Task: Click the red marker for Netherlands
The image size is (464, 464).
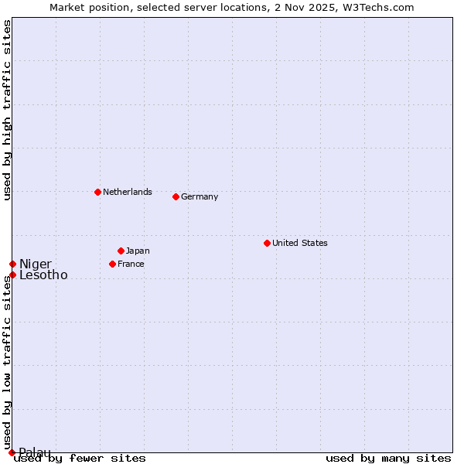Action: click(97, 192)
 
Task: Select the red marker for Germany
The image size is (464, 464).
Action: click(176, 196)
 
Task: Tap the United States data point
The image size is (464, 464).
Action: click(267, 243)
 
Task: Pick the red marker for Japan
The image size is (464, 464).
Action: click(121, 251)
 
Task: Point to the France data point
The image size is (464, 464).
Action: click(112, 264)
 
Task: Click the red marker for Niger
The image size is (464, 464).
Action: click(12, 264)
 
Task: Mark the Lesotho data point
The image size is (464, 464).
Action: click(12, 275)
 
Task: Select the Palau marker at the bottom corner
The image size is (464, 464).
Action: click(12, 452)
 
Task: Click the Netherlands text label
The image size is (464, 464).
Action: click(127, 192)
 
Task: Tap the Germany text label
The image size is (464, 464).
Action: click(200, 196)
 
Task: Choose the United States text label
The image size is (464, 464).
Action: click(299, 243)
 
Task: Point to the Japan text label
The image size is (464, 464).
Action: click(138, 251)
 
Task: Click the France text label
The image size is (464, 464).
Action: click(131, 264)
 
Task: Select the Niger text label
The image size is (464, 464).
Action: click(36, 264)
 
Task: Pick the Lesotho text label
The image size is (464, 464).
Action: click(43, 275)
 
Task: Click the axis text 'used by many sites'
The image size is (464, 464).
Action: click(388, 458)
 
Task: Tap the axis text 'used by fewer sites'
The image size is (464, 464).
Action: click(80, 458)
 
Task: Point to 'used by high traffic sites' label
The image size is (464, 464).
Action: click(7, 111)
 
